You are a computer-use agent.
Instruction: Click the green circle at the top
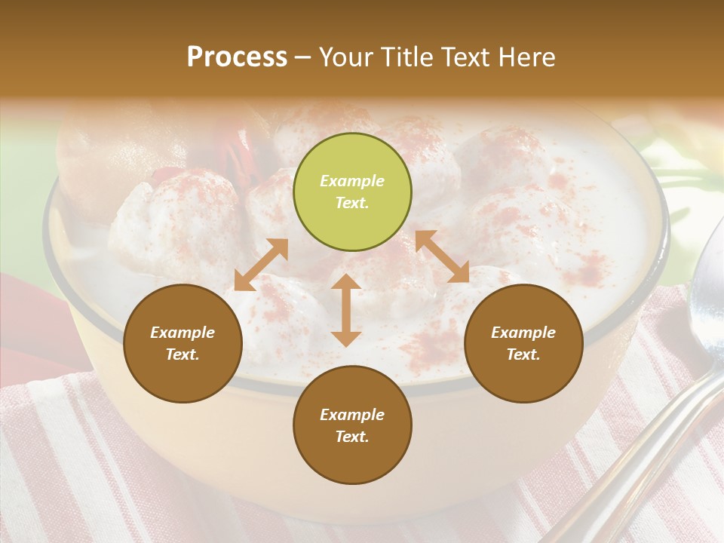tap(352, 192)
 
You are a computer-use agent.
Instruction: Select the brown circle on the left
tap(183, 343)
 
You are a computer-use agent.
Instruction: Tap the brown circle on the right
tap(523, 343)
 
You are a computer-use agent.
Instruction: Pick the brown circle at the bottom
tap(352, 425)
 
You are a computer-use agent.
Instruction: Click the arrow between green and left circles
tap(261, 265)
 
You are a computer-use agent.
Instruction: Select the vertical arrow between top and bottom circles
tap(346, 310)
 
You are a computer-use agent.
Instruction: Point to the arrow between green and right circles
tap(442, 256)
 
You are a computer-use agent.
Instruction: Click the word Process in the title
tap(237, 57)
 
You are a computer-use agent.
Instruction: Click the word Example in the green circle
tap(352, 181)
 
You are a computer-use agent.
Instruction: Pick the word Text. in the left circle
tap(183, 354)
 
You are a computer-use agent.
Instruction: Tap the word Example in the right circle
tap(523, 333)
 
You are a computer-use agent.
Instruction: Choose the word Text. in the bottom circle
tap(352, 437)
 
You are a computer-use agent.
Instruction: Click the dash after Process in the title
tap(303, 57)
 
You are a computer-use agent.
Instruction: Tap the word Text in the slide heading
tap(462, 57)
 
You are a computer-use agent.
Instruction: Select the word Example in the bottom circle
tap(352, 415)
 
